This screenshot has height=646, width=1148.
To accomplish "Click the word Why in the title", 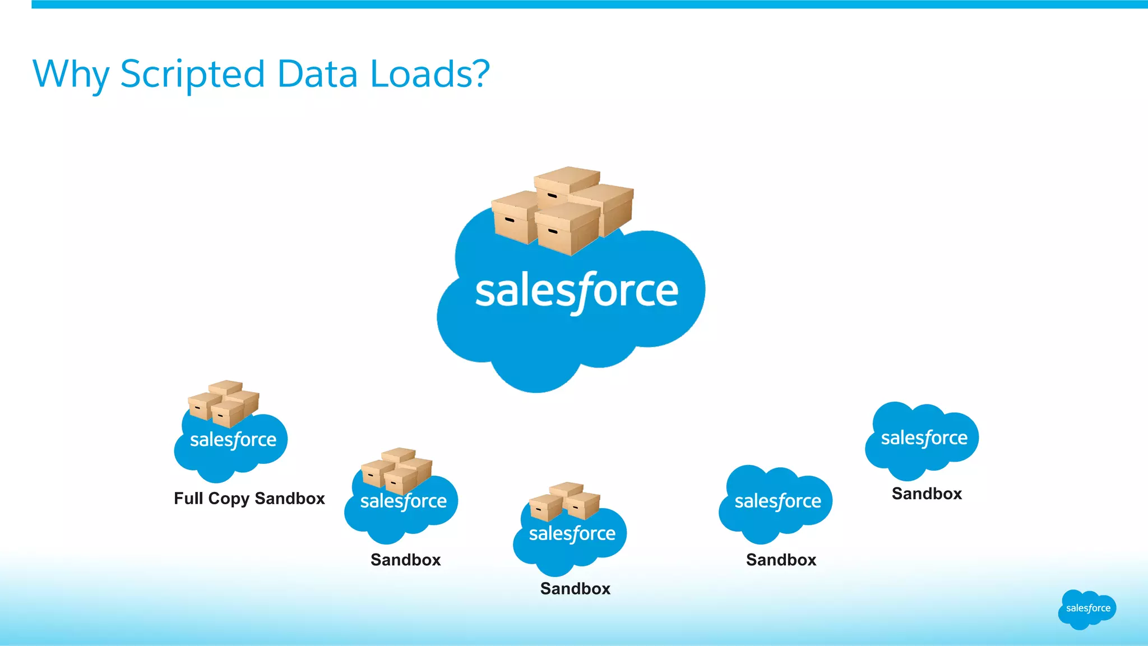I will (x=71, y=75).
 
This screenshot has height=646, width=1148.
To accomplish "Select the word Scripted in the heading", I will (x=192, y=75).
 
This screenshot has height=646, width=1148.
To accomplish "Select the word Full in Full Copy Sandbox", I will (x=188, y=498).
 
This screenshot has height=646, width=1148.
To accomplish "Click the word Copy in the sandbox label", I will (x=230, y=499).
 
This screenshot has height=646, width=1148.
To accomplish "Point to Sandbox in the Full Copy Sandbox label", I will (x=290, y=498).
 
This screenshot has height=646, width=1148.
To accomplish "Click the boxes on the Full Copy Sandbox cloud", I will (x=224, y=403).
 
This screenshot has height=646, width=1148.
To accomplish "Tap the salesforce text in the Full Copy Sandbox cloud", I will (x=233, y=440).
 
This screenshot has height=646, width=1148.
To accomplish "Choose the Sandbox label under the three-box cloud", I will (x=575, y=588).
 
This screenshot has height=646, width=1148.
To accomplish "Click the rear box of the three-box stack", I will (x=566, y=489).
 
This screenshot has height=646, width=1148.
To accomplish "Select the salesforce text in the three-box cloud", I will (x=572, y=533).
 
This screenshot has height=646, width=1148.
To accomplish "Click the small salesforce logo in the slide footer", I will (x=1087, y=609).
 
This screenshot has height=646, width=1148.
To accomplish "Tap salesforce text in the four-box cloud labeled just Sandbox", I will (x=404, y=501).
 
